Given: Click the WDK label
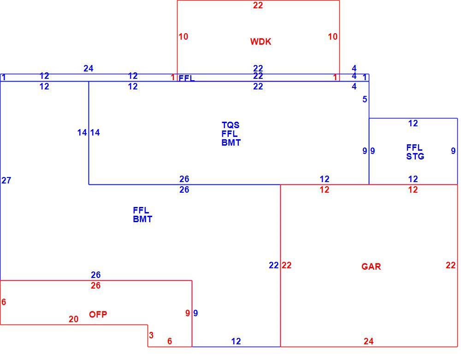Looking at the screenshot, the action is tap(260, 41).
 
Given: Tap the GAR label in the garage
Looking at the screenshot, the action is tap(371, 266).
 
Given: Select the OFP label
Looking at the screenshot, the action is tap(98, 314).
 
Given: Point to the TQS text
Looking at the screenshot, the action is tap(230, 125).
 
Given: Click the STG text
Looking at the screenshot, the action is tap(415, 156).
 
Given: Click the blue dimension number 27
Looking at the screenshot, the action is tap(6, 180).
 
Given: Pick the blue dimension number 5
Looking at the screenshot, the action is tap(365, 99).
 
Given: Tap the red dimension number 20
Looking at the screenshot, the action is tap(73, 319).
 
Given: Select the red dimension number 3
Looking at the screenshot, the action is tap(151, 335).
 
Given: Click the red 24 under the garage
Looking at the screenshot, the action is tap(368, 341).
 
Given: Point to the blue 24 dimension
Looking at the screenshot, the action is tap(88, 69).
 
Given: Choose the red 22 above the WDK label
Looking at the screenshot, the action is tap(258, 5).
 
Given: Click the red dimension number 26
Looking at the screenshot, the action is tap(95, 285).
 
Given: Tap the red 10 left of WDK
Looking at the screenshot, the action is tap(183, 37).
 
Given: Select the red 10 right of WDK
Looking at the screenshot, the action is tap(332, 37).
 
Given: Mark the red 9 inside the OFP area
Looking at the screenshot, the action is tap(188, 313).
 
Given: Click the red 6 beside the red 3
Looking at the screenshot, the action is tap(169, 341).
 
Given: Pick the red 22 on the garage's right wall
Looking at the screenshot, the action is tap(450, 266).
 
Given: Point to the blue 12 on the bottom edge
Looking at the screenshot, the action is tap(236, 341).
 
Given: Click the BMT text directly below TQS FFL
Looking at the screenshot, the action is tap(231, 142).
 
